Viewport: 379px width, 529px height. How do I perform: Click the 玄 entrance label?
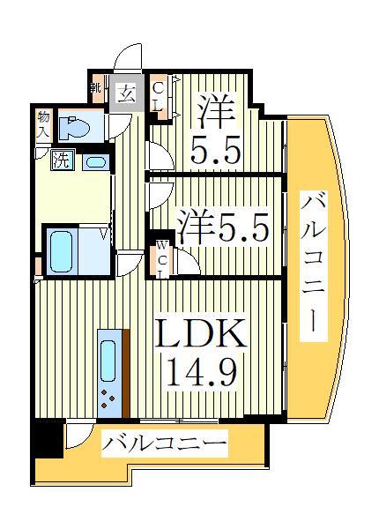127,93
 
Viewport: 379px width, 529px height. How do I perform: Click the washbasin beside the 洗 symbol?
95,162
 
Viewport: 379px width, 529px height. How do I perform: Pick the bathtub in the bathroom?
63,251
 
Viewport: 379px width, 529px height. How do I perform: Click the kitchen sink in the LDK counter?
108,359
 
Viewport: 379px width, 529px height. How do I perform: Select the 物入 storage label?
42,123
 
